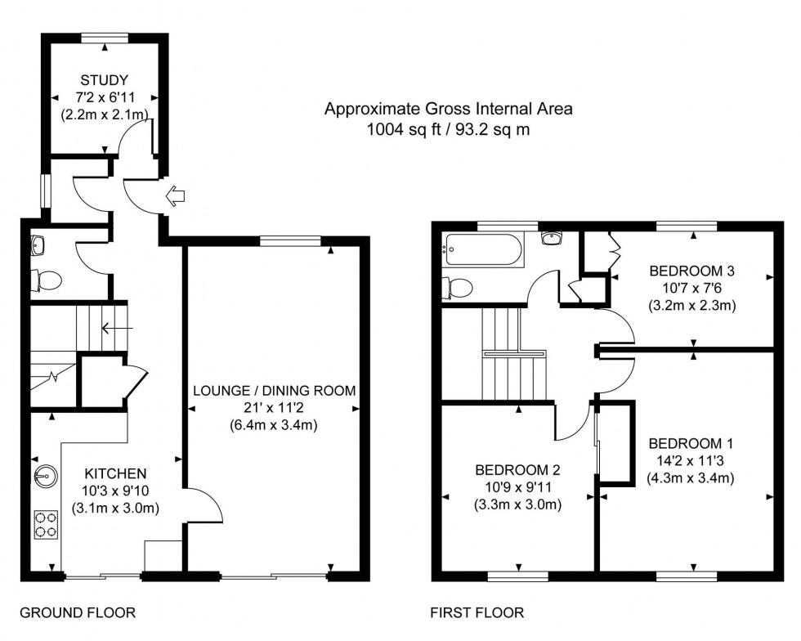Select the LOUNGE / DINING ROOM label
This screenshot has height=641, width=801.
coord(275,391)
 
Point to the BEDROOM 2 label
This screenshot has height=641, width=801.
coord(517,470)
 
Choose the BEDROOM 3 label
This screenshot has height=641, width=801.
coord(691,271)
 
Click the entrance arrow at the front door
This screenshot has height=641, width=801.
coord(175,196)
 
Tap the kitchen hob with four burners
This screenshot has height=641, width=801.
coord(46,524)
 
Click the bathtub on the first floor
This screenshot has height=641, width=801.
coord(482,249)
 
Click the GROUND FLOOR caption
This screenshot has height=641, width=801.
coord(77,612)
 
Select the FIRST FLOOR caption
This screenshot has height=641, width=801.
coord(477,612)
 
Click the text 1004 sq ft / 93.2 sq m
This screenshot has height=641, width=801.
coord(449,128)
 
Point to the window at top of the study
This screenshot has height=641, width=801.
coord(105,37)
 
